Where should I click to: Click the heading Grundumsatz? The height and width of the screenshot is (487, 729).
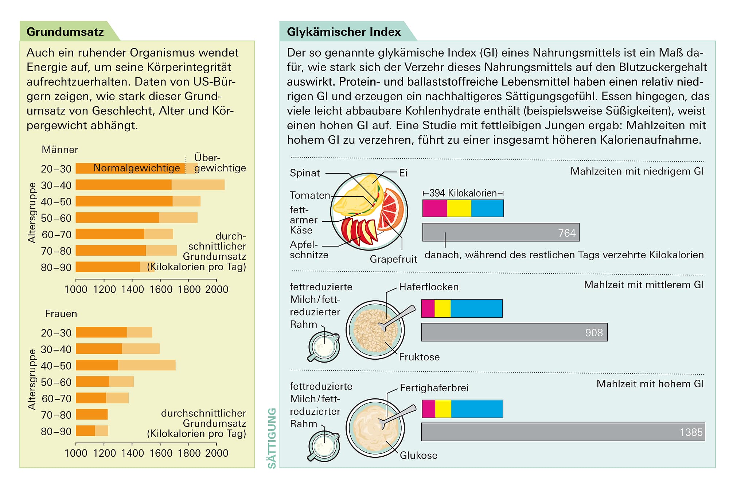pos(65,32)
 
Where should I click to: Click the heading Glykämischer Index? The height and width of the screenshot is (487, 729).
pos(343,32)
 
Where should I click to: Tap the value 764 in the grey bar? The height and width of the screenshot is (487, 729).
pos(567,233)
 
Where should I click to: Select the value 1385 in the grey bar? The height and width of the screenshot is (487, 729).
pos(691,432)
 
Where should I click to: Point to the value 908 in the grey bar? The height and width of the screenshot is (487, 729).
pos(594,333)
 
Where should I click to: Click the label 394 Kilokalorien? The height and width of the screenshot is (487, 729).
pos(463,193)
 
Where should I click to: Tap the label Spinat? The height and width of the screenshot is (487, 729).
pos(305,173)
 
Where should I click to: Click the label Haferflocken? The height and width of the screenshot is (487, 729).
pos(429,287)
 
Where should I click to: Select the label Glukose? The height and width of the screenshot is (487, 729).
pos(418,455)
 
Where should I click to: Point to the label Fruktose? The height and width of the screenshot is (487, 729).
pos(419,357)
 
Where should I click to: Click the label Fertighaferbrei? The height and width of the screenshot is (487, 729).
pos(434,387)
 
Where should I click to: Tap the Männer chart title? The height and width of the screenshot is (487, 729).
pos(60,150)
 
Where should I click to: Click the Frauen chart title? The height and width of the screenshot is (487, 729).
pos(61,314)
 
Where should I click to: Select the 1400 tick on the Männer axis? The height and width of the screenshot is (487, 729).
pos(132,289)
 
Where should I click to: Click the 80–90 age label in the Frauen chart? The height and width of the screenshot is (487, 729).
pos(56,432)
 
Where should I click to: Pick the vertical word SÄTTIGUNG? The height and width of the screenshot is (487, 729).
pos(272,438)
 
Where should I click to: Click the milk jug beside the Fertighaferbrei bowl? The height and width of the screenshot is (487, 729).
pos(324,447)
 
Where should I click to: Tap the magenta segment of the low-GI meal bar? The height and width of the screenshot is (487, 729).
pos(434,208)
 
